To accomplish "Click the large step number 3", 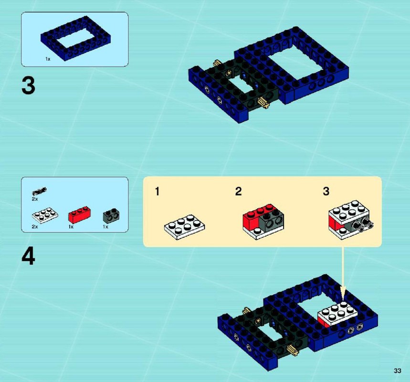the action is [28, 86].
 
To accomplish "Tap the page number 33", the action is [398, 371].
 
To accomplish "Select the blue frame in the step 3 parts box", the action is [75, 38].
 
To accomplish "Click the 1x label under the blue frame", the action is [48, 59].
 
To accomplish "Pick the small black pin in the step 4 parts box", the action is [39, 191].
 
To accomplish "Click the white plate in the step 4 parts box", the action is [45, 215].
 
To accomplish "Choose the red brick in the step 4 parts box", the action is [80, 214].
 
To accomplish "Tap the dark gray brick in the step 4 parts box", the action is [111, 216].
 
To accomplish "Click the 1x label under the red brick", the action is [71, 227].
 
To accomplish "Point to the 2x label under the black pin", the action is [35, 199].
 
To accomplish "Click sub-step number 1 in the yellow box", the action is [157, 191].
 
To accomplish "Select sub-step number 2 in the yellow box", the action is [238, 191].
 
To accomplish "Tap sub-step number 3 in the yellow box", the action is [326, 191].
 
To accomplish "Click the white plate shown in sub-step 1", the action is [184, 227].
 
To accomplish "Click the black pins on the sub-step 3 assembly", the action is [363, 225].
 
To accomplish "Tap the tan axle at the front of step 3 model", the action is [263, 103].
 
